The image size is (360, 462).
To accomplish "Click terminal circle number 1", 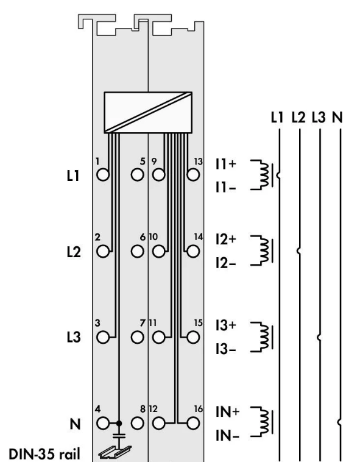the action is coord(103,175).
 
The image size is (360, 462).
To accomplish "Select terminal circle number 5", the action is coord(137,175).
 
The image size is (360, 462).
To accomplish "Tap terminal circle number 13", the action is coord(193,175).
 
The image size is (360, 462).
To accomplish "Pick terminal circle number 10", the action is coord(158,251).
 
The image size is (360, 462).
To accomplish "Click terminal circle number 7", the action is coord(137,338).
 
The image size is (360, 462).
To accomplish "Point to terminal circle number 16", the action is coord(193,424).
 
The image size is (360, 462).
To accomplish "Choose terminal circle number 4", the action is coord(103,424).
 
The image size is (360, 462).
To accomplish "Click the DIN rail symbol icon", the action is coord(115,452).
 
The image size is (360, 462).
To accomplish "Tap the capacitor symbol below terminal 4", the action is coord(119,435).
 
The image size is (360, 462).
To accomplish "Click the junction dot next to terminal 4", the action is coord(119,424).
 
